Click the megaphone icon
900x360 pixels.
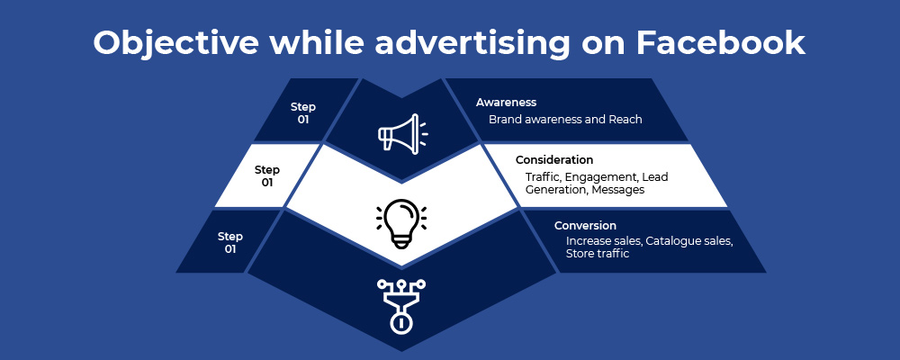(x=401, y=132)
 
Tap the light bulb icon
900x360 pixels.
(x=401, y=223)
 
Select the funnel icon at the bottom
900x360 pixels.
(x=401, y=306)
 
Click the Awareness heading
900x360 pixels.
(x=506, y=103)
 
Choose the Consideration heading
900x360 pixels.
(x=553, y=159)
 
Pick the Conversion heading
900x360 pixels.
(x=585, y=226)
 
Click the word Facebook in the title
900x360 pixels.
(x=720, y=42)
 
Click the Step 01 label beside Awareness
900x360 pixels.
(x=303, y=113)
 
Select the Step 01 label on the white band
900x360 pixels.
(x=267, y=176)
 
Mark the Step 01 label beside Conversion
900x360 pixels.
(x=230, y=243)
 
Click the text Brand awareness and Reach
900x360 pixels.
(x=565, y=120)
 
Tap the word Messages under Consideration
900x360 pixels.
(x=618, y=190)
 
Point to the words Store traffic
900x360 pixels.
(x=598, y=253)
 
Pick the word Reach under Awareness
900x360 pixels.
(x=625, y=120)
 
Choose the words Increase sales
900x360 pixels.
(x=605, y=241)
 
